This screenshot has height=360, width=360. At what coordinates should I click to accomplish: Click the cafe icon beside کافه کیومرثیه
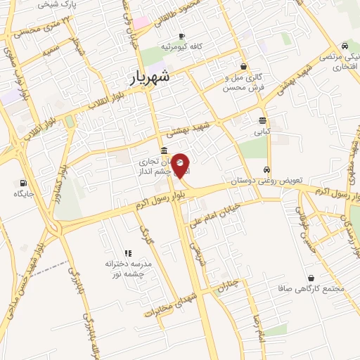[x=182, y=36]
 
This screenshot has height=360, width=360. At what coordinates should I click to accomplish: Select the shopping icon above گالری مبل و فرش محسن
[x=243, y=67]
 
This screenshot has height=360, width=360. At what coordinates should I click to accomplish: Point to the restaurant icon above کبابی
[x=262, y=120]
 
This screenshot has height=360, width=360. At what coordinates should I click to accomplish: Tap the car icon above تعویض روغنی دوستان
[x=266, y=169]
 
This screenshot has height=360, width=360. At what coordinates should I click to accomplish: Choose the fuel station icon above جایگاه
[x=16, y=182]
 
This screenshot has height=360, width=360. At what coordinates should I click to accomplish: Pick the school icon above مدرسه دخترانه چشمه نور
[x=128, y=253]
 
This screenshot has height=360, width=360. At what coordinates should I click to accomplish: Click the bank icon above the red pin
[x=164, y=150]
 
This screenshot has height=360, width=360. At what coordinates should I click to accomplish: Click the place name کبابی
[x=262, y=131]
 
